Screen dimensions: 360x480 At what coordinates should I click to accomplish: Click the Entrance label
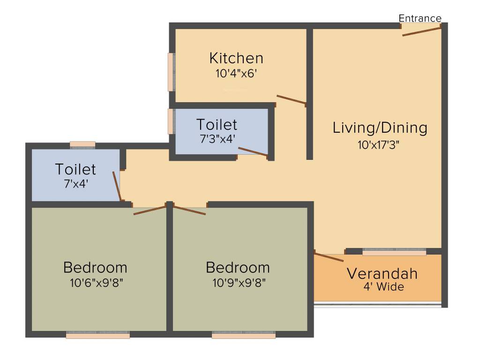420,18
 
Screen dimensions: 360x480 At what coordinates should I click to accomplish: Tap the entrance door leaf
421,31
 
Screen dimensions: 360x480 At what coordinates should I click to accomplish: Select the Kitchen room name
236,58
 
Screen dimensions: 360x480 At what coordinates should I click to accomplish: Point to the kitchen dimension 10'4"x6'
236,73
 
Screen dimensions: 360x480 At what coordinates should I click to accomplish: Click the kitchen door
291,99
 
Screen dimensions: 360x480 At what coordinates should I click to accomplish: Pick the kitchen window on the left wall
171,72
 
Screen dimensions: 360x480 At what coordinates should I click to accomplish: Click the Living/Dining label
380,127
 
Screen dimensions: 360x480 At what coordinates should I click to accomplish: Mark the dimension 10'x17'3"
380,144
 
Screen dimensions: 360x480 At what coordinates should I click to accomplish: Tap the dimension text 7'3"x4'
217,139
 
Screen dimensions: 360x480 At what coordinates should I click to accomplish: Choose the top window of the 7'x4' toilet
82,144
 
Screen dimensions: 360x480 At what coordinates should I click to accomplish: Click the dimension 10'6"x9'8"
95,283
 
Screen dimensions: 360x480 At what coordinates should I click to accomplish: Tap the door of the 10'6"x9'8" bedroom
150,210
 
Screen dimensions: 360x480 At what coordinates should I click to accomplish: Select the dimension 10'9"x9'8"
238,283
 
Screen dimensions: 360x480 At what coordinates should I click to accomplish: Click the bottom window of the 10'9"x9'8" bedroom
244,335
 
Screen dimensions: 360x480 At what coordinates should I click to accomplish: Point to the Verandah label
382,273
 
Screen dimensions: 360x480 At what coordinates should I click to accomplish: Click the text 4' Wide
383,287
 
